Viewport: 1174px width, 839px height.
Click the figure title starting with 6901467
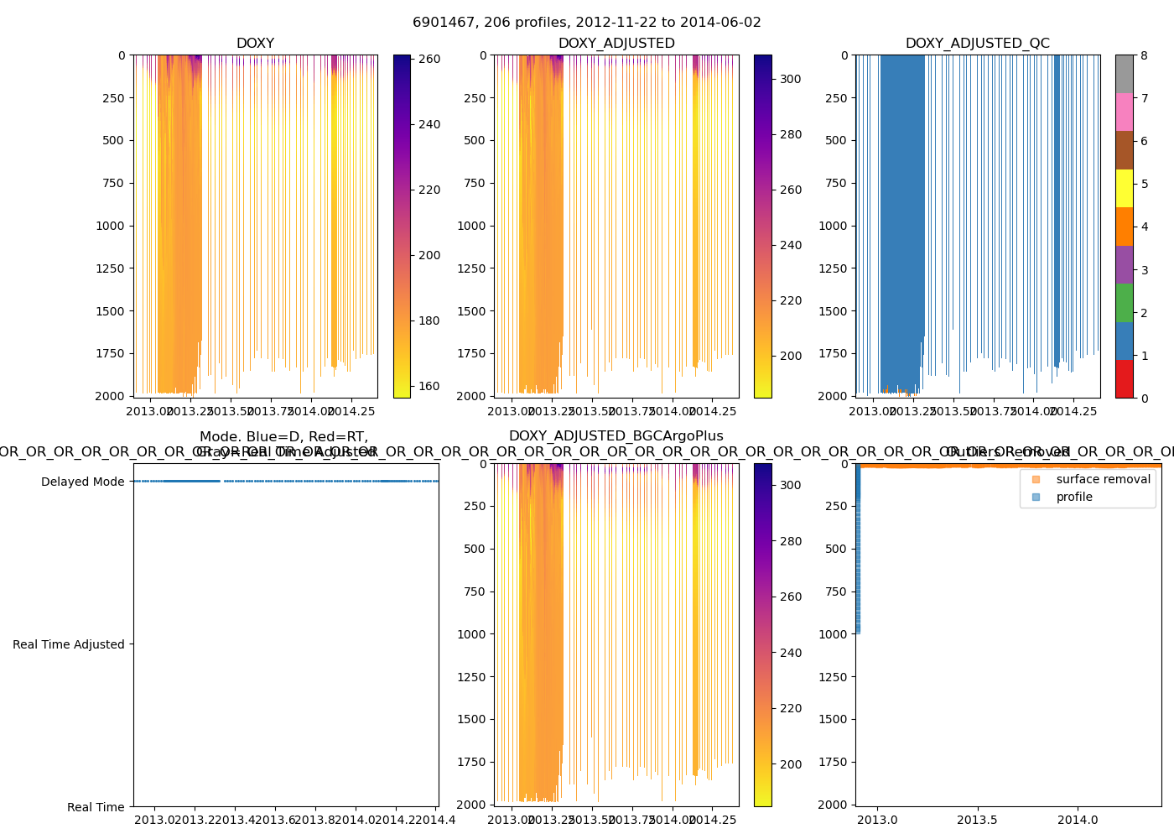click(587, 23)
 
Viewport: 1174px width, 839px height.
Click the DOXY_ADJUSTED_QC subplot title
click(977, 44)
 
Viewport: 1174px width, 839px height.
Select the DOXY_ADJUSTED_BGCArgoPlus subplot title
click(616, 436)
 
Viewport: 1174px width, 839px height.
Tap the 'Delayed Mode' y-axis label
click(82, 482)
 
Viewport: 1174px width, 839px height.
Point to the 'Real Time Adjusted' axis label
click(68, 644)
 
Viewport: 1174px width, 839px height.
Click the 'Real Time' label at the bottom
click(96, 807)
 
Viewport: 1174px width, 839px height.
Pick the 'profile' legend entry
click(1074, 497)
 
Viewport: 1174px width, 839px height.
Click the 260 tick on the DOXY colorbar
click(429, 59)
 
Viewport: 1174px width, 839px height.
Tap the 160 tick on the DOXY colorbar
click(429, 386)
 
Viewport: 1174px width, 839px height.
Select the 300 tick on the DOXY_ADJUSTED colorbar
click(790, 79)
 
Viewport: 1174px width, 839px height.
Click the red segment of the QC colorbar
click(1124, 379)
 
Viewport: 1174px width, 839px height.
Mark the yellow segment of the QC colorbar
click(1124, 189)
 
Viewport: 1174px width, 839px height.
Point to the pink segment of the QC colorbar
click(1124, 112)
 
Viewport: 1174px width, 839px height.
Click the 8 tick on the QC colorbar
click(1144, 55)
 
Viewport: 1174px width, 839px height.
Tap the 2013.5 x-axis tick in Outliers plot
click(977, 820)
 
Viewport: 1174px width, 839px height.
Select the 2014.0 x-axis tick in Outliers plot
click(1078, 820)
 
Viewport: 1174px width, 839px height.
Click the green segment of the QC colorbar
click(1124, 303)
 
